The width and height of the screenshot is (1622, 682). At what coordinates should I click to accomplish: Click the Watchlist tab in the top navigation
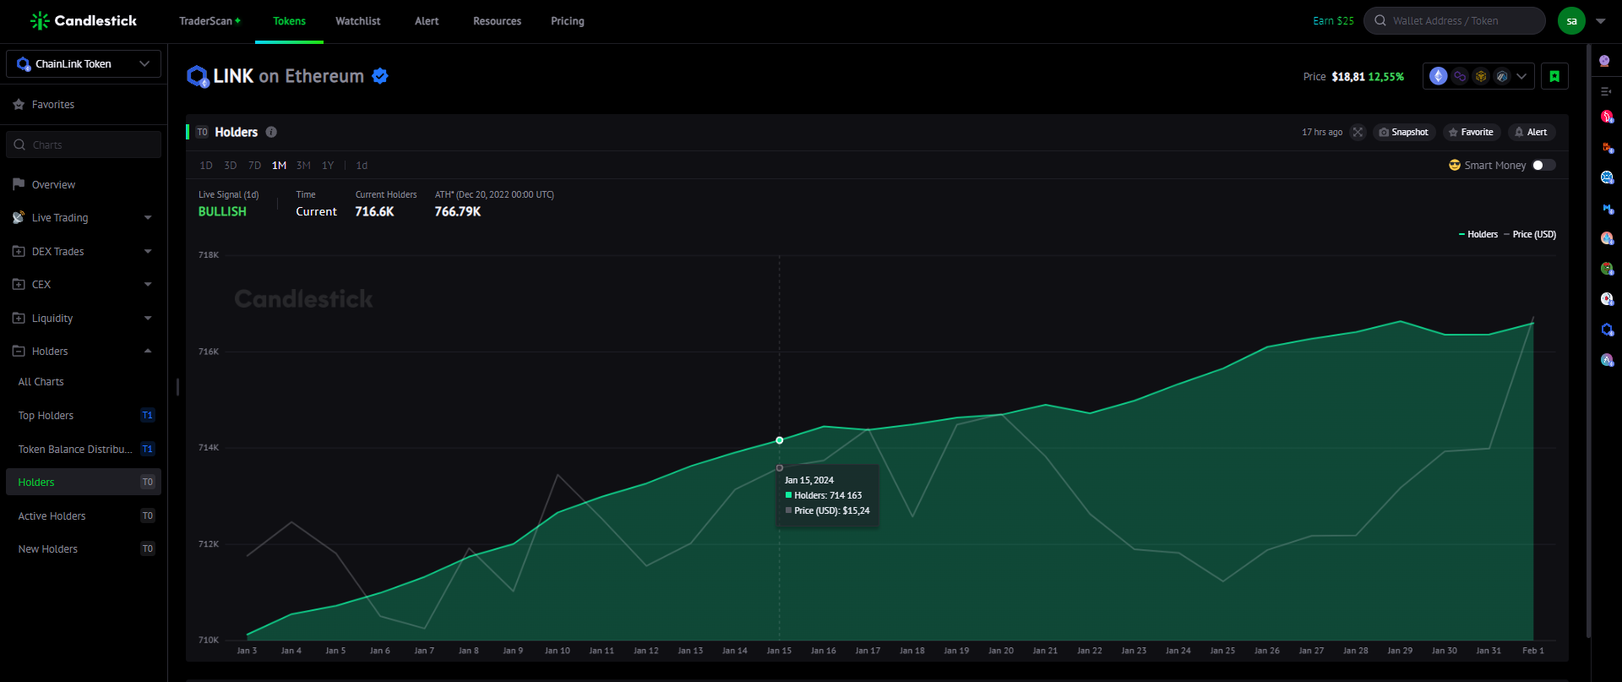357,21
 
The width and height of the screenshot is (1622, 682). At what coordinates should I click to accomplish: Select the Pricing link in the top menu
568,21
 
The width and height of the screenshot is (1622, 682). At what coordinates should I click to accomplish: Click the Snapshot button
1403,132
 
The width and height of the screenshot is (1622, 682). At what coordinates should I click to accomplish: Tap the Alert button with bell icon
1531,132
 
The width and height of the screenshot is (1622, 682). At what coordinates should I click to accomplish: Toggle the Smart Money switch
1543,165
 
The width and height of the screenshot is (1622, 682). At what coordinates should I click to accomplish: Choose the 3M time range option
303,166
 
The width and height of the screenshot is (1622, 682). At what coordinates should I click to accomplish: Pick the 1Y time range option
328,166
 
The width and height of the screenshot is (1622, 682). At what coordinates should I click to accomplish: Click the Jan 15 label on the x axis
779,651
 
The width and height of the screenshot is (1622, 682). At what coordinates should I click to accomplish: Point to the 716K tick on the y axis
209,352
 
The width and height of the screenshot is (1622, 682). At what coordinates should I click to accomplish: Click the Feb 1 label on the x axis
1532,651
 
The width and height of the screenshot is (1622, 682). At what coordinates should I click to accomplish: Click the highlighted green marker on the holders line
780,440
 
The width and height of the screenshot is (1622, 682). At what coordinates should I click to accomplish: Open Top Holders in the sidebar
46,416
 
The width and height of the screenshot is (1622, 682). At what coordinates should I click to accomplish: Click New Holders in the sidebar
48,549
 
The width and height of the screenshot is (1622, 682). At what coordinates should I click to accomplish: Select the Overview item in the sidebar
53,185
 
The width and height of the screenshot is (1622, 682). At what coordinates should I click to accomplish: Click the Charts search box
84,145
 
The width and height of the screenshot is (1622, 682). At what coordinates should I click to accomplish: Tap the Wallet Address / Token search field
1454,21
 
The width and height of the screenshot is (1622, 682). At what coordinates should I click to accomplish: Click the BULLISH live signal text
222,212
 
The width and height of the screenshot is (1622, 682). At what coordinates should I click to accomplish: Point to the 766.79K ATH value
458,212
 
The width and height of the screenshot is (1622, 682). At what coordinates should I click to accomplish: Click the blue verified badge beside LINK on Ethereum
380,76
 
